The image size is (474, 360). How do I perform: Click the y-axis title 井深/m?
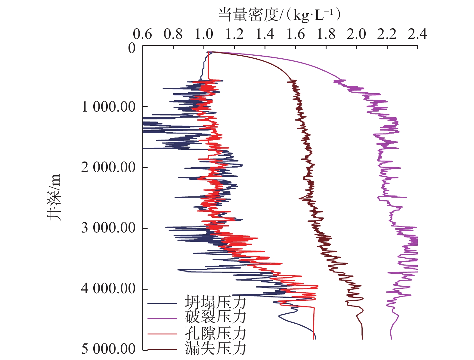54,198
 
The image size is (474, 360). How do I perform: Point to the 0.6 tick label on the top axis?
142,34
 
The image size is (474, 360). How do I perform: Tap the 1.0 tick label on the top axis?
204,34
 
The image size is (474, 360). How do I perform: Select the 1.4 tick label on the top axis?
265,34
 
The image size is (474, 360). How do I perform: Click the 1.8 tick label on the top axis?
326,34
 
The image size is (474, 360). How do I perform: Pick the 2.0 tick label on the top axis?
356,34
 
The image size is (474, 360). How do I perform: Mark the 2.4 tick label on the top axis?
417,34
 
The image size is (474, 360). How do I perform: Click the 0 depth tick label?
132,48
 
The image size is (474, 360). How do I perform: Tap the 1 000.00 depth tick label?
109,107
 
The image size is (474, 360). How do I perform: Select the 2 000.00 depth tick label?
109,168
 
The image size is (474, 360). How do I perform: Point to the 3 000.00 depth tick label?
109,228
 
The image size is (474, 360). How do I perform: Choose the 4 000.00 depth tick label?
109,289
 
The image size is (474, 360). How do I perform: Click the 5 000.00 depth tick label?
109,349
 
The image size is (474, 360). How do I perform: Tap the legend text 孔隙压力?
215,334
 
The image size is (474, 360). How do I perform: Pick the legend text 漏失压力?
215,349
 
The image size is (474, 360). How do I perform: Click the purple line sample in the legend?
162,318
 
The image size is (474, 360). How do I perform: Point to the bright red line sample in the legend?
162,334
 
